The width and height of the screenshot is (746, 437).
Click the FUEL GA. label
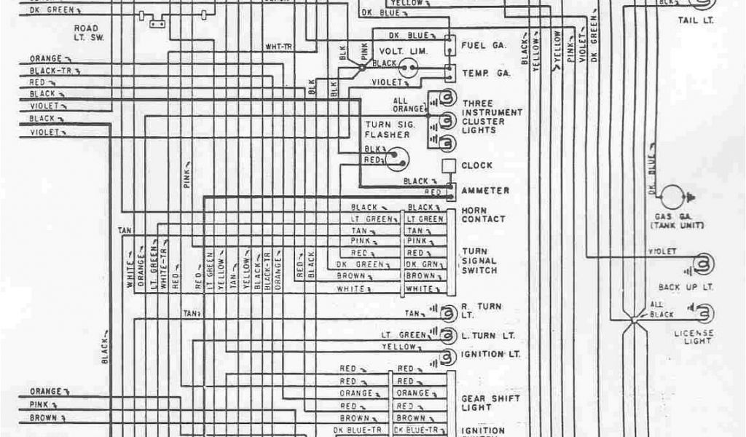click(x=484, y=45)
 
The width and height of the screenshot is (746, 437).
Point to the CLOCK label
click(x=477, y=165)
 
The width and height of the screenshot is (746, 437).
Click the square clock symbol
click(x=449, y=165)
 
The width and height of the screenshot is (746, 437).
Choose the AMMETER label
click(x=485, y=191)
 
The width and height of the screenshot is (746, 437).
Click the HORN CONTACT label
click(x=483, y=214)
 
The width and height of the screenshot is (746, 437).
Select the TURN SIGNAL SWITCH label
click(x=479, y=261)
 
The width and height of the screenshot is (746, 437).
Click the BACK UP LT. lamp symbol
click(x=703, y=264)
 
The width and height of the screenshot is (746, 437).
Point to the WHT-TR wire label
click(x=279, y=47)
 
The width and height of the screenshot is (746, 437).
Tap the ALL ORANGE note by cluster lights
click(x=405, y=105)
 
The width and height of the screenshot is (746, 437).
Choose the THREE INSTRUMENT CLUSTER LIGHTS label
click(x=492, y=117)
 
